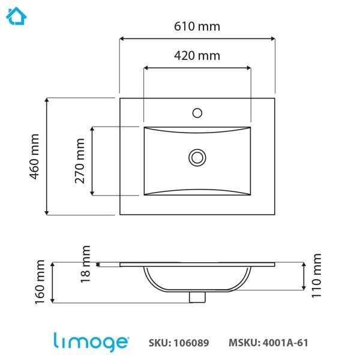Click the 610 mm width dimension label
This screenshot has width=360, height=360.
coord(197,26)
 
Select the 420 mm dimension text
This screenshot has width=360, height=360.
coord(197,56)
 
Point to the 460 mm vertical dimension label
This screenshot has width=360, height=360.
coord(34,155)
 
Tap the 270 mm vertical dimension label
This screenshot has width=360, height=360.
coord(80,161)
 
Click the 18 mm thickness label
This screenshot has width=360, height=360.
coord(85,263)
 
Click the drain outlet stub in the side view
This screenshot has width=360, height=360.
coord(196,296)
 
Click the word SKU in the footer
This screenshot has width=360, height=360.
coord(159,343)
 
